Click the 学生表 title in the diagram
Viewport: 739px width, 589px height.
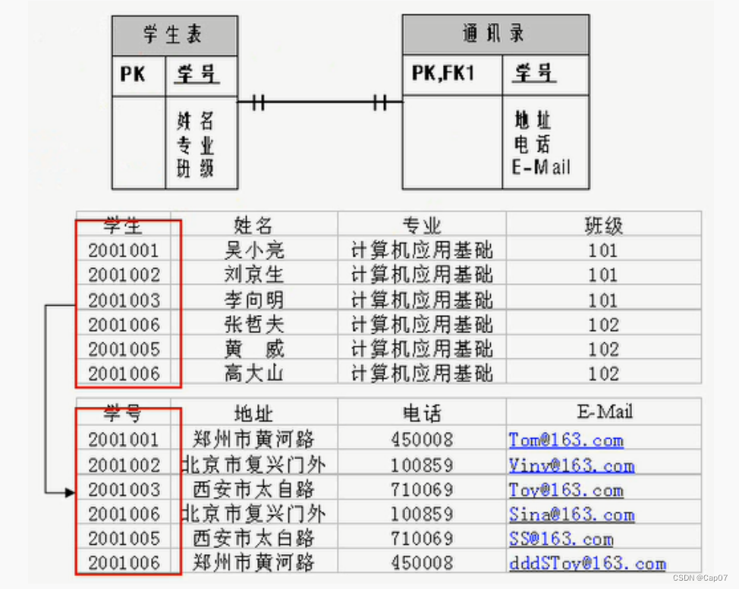[x=173, y=35]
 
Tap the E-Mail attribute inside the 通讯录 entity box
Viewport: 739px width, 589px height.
[x=541, y=168]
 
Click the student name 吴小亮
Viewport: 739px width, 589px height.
[x=254, y=250]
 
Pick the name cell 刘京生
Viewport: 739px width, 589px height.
[x=254, y=274]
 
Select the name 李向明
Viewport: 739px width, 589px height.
[x=254, y=299]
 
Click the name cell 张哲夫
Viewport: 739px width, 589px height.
[x=254, y=325]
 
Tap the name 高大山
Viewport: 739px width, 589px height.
[x=254, y=373]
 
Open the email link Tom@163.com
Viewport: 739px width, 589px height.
[x=565, y=440]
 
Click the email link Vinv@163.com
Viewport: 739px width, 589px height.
[x=571, y=465]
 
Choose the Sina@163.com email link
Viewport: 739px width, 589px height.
[x=571, y=514]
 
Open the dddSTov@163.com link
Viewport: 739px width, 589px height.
[x=586, y=563]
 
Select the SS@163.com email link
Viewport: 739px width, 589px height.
[x=560, y=539]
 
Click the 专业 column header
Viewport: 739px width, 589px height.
[x=422, y=225]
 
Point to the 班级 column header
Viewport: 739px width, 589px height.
[x=603, y=225]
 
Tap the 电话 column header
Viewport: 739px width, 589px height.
[x=422, y=414]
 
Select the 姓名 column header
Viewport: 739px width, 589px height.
[x=254, y=225]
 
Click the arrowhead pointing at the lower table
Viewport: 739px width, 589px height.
[x=71, y=493]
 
